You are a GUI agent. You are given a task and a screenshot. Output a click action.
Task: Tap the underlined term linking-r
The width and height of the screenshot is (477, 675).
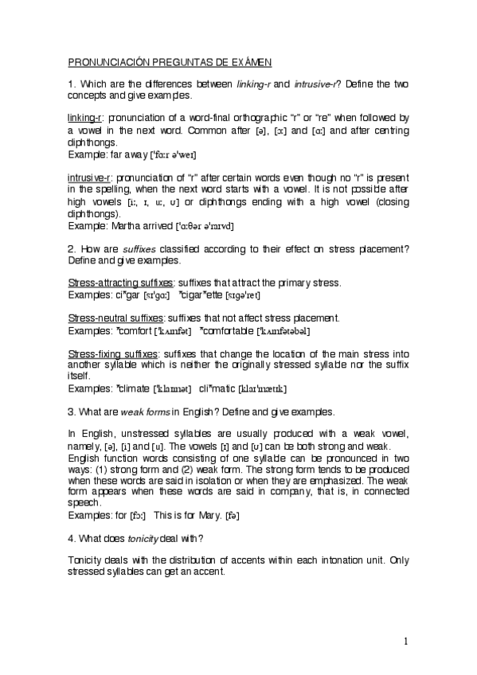85,116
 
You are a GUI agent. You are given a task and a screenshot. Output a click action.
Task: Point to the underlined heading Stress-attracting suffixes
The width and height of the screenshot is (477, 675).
118,283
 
